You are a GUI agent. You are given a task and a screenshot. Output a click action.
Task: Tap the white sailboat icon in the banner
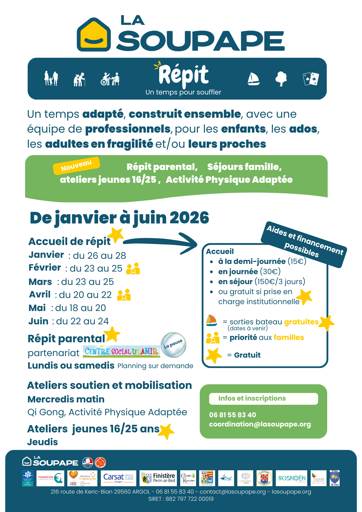253,79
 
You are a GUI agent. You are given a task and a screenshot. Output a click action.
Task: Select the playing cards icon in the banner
311,79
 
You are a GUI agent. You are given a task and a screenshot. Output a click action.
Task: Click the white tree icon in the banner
281,79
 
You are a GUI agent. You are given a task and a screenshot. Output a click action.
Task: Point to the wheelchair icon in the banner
110,79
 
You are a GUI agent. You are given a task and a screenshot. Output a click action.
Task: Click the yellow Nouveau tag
76,166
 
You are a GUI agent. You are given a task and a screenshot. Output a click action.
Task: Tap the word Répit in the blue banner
183,75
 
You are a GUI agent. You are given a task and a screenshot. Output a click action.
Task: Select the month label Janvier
46,255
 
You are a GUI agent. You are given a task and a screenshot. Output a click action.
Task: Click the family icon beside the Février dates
133,269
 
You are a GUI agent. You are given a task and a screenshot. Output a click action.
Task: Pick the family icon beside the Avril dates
124,295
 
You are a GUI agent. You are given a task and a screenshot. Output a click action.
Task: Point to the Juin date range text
82,321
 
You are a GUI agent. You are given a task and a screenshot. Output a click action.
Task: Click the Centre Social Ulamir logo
121,351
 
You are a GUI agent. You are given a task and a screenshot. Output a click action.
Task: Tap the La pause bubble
173,345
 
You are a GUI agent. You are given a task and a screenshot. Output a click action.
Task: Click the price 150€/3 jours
280,282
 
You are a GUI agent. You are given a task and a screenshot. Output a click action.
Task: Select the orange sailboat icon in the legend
211,320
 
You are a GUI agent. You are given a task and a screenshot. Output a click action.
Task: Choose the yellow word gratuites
301,322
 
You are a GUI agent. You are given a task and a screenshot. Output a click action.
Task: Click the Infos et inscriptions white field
263,399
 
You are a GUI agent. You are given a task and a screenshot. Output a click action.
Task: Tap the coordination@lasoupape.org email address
260,424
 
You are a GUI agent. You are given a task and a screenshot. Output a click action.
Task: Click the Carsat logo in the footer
118,478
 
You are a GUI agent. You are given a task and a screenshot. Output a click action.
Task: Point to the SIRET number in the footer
181,499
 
